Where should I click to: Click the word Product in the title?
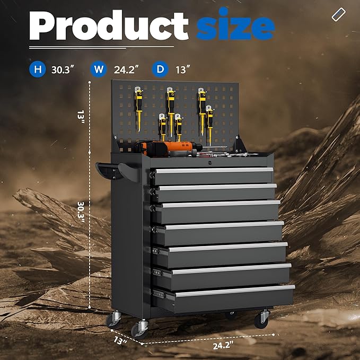coord(109,25)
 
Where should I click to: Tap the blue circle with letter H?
coord(38,69)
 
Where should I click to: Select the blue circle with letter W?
coord(99,69)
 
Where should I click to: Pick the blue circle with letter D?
coord(160,69)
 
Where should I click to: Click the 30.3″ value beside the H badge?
coord(63,69)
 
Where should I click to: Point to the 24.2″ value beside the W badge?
coord(126,69)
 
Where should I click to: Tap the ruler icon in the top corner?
coord(339,14)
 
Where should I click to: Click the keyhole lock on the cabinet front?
coord(209,163)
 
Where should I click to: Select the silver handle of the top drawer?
coord(214,170)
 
